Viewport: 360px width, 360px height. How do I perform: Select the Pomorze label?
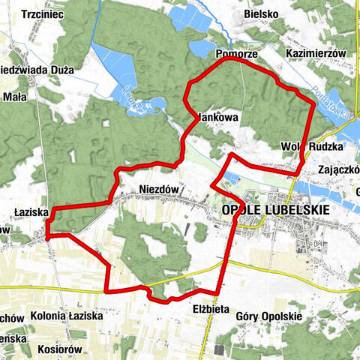(237, 55)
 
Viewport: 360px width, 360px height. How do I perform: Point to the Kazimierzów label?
(316, 55)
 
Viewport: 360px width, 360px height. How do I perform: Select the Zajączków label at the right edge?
(339, 169)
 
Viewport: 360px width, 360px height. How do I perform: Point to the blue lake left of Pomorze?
(202, 49)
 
